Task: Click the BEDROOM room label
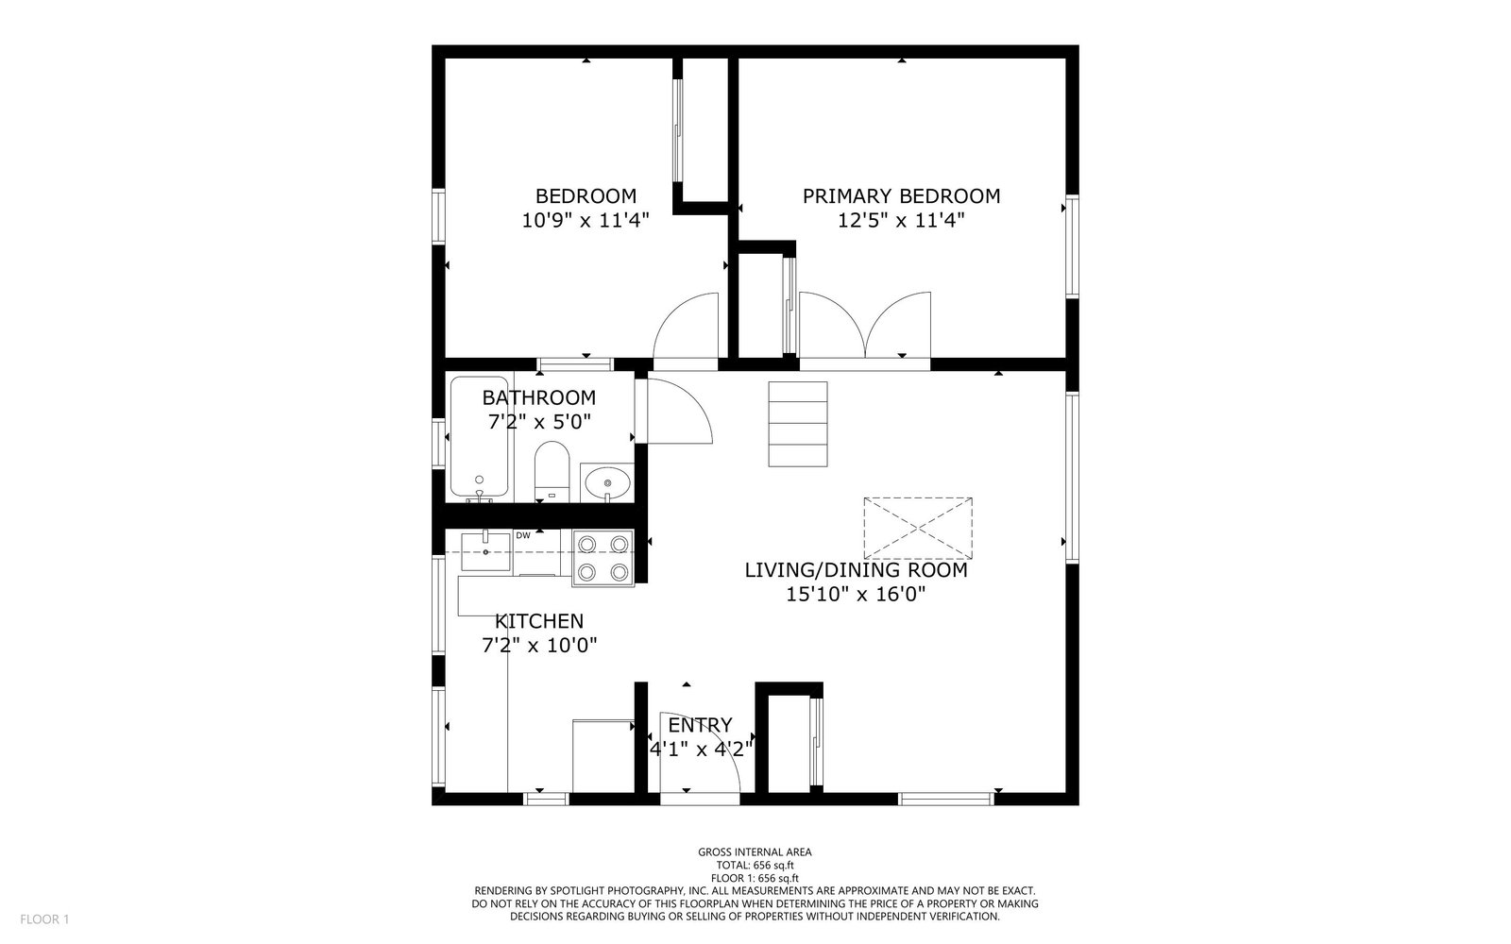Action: [586, 196]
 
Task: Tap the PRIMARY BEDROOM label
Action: [901, 196]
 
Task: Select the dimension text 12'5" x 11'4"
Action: [901, 221]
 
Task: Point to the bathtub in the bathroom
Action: [479, 438]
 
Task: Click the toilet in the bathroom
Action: [552, 471]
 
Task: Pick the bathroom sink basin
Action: [607, 482]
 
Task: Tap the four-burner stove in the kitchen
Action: [603, 558]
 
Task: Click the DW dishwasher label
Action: [523, 535]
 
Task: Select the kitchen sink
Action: [485, 551]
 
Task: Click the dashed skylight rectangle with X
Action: [918, 529]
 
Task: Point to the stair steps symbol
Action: [798, 424]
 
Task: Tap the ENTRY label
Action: [700, 725]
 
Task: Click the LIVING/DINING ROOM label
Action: [856, 570]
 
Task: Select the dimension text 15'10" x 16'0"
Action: [856, 594]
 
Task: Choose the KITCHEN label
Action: [539, 621]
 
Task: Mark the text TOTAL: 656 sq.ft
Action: [755, 865]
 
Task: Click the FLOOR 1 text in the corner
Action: [44, 919]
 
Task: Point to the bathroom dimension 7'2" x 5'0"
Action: [539, 422]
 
